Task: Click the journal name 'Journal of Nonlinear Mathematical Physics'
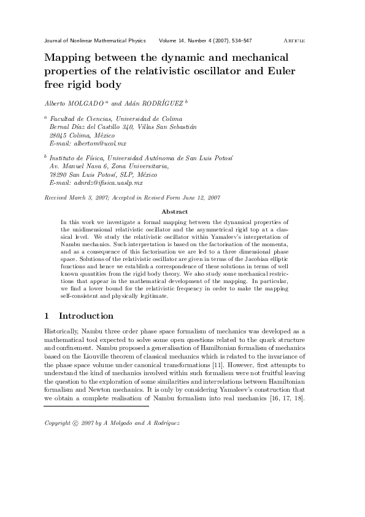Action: tap(95, 41)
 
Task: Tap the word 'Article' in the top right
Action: tap(294, 41)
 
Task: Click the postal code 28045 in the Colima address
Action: tap(58, 134)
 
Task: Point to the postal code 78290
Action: tap(58, 174)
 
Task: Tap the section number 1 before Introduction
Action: tap(47, 316)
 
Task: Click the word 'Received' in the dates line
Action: tap(57, 197)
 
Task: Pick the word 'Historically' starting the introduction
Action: tap(61, 332)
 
